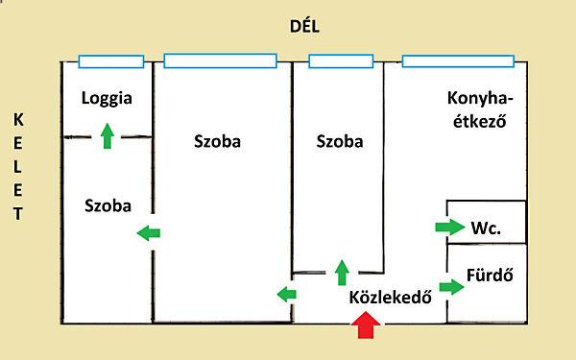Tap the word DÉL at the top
point(303,27)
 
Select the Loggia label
point(107,98)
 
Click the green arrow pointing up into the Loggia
point(107,136)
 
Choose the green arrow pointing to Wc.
point(448,228)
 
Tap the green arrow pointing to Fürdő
point(448,286)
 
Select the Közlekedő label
point(391,297)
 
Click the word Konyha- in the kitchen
point(481,98)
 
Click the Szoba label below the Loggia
point(108,205)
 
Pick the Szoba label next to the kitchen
point(340,142)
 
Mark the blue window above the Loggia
point(111,62)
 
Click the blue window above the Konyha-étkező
point(463,62)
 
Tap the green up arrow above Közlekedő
point(341,273)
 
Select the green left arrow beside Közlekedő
point(285,294)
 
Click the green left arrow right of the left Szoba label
point(149,231)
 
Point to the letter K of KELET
point(17,119)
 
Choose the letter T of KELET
point(17,213)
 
